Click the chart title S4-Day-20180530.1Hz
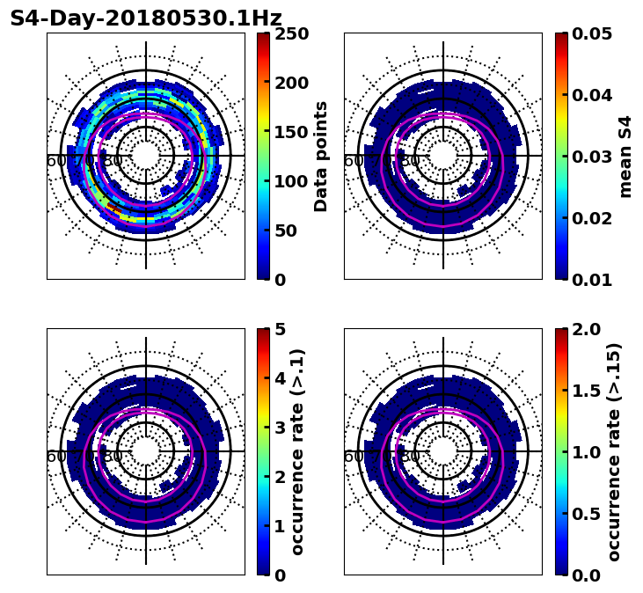(146, 18)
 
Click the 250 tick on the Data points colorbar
(291, 33)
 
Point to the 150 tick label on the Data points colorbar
(291, 132)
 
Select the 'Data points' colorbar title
(321, 157)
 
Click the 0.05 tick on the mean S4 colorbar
(593, 33)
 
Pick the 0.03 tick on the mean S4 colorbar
(593, 157)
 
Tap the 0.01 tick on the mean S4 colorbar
(593, 280)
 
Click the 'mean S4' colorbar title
(625, 157)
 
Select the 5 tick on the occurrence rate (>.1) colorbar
(280, 329)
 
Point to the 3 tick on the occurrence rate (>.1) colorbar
(280, 428)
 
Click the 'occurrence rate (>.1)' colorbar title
(297, 452)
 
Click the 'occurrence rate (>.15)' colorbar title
(614, 452)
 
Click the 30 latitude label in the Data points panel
(113, 161)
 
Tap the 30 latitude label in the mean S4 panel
(410, 161)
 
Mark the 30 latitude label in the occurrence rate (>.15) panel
(410, 457)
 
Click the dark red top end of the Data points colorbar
(263, 36)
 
